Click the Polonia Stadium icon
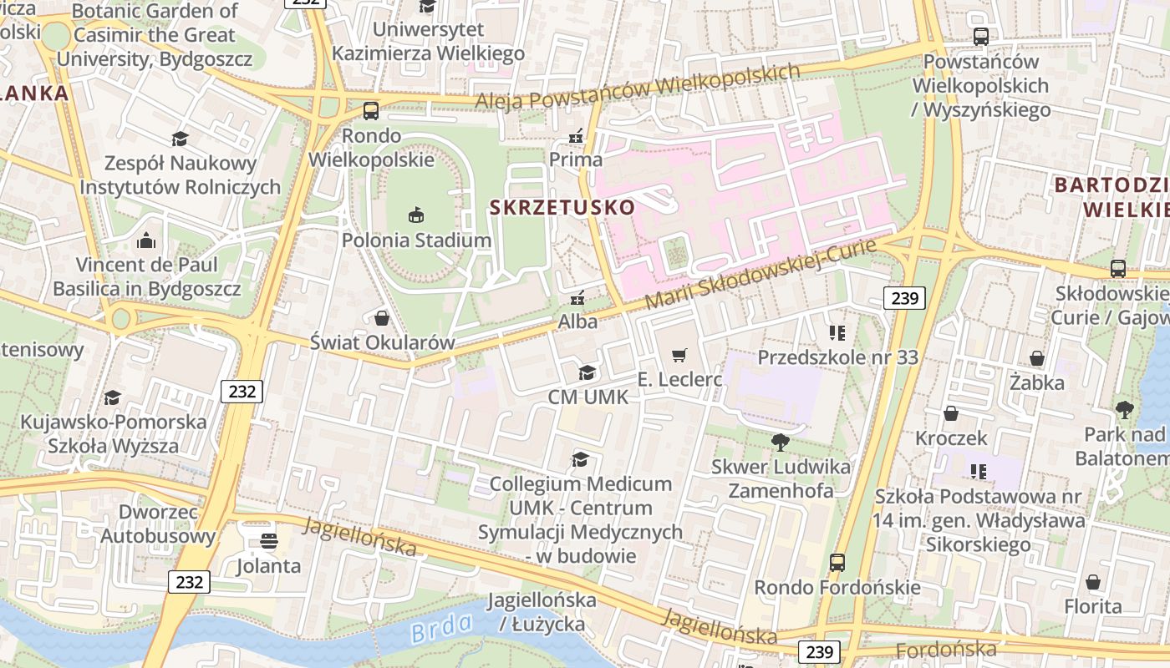click(416, 215)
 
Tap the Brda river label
click(441, 627)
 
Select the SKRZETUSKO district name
click(562, 206)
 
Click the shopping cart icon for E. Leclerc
click(679, 355)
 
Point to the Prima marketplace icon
click(576, 135)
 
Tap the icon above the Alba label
click(577, 297)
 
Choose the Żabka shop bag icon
click(1036, 358)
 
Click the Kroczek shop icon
click(950, 413)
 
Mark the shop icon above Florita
click(1092, 582)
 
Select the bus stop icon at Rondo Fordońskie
click(837, 563)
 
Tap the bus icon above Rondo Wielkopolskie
click(370, 111)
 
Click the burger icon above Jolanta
click(268, 541)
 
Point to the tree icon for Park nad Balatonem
click(1124, 410)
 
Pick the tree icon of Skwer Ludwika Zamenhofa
click(781, 442)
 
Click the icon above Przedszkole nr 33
click(837, 333)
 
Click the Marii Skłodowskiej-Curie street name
click(760, 275)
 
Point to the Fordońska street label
click(945, 650)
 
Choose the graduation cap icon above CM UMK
click(588, 372)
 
